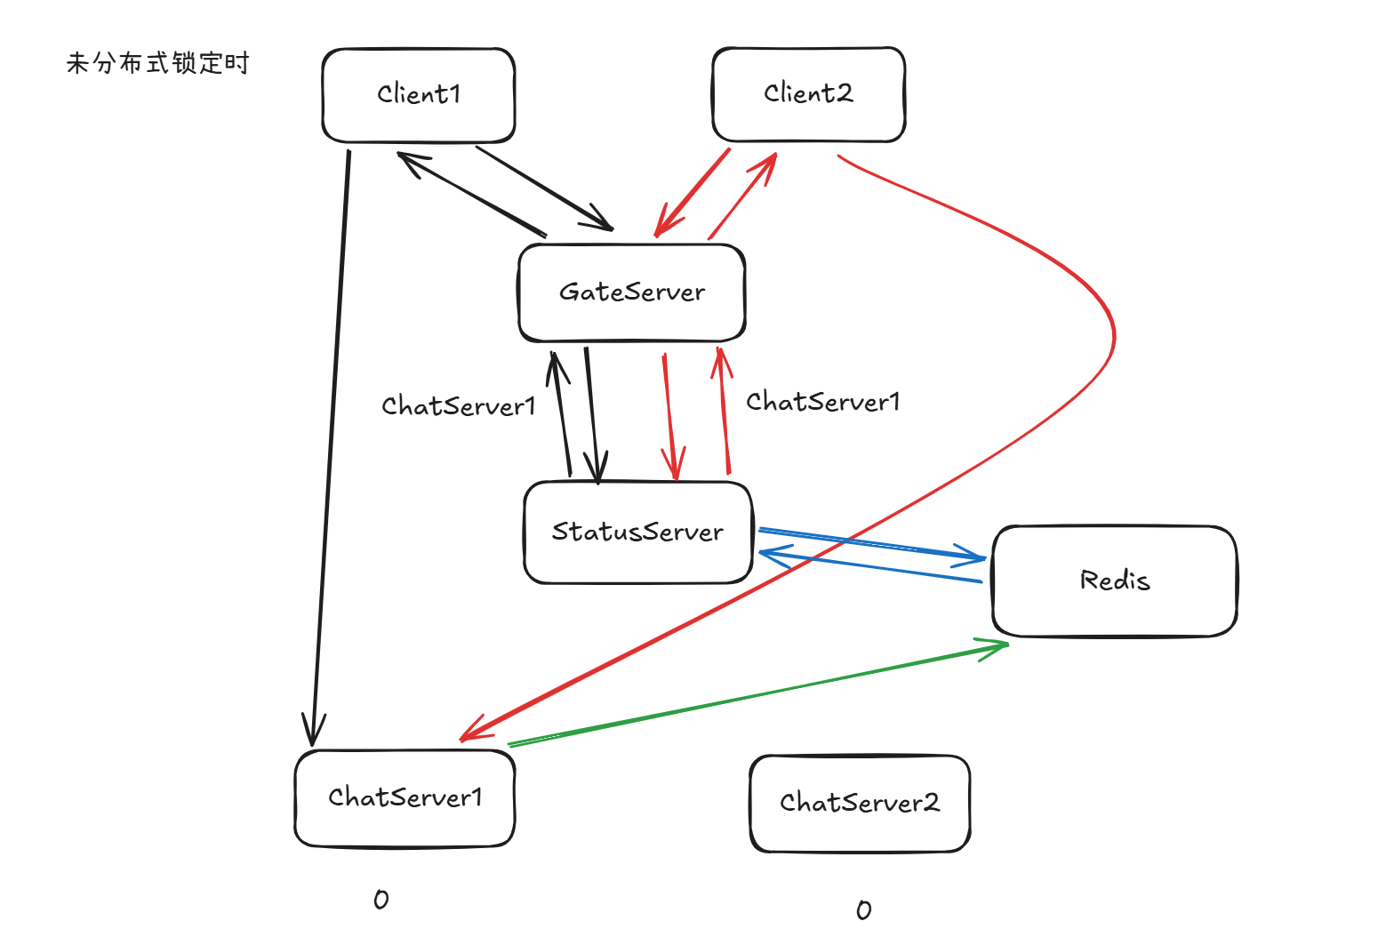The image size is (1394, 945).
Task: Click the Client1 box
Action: pos(418,95)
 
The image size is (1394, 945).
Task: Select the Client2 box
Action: pos(808,94)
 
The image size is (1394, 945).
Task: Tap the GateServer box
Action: pos(631,292)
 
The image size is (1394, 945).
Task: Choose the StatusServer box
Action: pos(637,533)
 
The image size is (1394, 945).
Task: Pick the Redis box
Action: pos(1114,581)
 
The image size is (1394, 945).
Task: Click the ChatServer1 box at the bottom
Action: pos(405,797)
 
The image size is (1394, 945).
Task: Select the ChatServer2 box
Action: pos(859,804)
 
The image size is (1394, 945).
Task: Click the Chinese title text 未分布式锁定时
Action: pos(158,63)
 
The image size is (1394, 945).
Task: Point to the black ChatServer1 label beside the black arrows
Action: pos(459,406)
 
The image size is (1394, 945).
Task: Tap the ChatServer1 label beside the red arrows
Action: pos(823,402)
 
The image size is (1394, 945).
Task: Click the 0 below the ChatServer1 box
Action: pos(381,900)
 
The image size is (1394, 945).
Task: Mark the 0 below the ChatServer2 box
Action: pos(863,910)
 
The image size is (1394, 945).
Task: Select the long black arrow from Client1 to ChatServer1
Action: pos(331,444)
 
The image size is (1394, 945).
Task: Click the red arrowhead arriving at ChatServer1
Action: pos(471,731)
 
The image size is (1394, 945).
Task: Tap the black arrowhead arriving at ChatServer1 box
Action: pos(312,733)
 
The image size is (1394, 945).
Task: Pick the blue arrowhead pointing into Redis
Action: pos(973,557)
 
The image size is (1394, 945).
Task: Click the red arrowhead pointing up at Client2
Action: pos(769,162)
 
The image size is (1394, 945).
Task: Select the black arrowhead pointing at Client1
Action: pos(409,161)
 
